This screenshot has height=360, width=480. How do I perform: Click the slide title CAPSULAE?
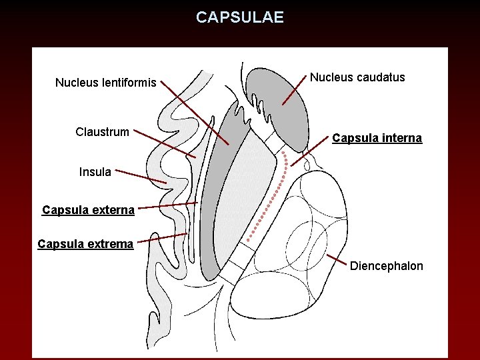point(240,17)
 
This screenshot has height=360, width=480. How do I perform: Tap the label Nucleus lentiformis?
point(105,83)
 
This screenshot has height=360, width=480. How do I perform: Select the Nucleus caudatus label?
point(357,77)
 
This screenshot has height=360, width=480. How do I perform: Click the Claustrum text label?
point(102,131)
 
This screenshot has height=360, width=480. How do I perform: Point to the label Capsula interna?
point(377,138)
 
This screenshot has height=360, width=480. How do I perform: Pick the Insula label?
point(95,172)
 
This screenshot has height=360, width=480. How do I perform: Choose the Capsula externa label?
point(88,210)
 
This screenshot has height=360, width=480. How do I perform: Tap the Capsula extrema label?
point(85,243)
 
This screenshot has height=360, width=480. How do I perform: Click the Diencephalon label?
point(387,266)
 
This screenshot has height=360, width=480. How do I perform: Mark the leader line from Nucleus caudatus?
point(295,90)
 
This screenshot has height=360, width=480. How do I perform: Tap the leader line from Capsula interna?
point(312,152)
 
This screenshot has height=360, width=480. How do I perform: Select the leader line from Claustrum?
point(163,144)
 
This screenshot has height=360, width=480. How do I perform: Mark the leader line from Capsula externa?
point(167,206)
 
